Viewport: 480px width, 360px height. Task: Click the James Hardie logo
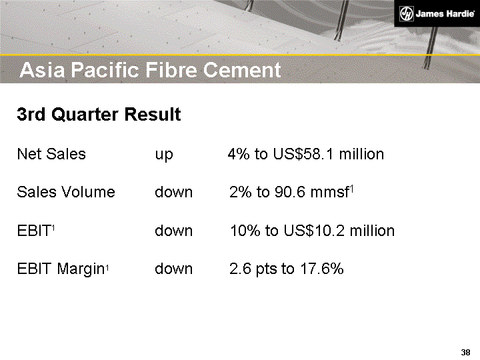[435, 13]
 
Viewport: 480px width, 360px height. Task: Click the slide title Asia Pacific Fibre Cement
[150, 70]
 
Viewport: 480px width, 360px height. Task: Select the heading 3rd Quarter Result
[99, 115]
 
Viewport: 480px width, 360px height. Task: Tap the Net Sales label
[51, 155]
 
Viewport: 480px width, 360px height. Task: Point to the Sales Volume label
[66, 193]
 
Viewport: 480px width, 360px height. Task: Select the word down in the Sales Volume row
[173, 193]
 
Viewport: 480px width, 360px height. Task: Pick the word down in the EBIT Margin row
[173, 269]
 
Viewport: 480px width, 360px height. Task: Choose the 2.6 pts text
[253, 269]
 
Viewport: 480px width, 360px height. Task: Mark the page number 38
[465, 352]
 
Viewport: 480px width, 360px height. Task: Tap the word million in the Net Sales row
[361, 155]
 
